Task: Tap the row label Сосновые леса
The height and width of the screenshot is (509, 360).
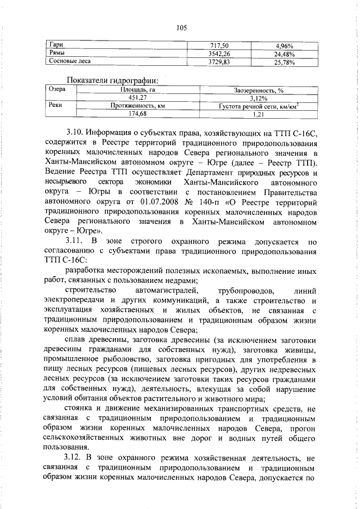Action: coord(70,61)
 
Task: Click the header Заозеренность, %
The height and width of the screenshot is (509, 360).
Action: coord(258,89)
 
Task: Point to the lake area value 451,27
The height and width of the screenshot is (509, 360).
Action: coord(142,97)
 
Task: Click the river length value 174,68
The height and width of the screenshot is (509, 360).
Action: coord(142,114)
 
